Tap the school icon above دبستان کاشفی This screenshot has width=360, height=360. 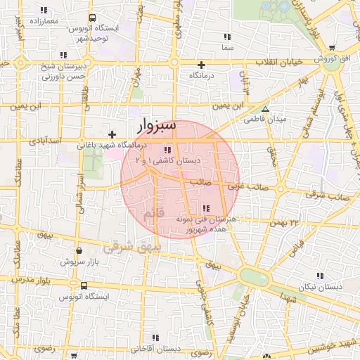167,150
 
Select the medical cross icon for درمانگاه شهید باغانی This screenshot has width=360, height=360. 112,134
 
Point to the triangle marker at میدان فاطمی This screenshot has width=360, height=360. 265,109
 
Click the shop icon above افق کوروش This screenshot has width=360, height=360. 331,48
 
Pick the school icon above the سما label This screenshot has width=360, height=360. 226,37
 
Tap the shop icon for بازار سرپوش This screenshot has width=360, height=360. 78,250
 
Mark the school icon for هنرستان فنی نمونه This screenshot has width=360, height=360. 206,208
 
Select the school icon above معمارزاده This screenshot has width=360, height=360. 44,11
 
